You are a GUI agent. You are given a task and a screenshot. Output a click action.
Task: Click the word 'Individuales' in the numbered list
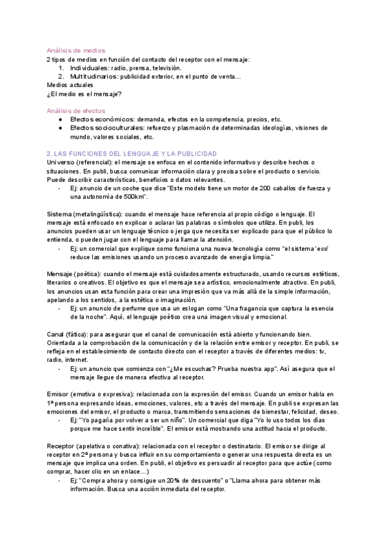point(89,68)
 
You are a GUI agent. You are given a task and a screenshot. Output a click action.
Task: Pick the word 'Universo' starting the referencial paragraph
point(61,163)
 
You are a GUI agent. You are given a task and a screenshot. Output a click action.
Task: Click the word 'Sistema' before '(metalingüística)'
point(59,214)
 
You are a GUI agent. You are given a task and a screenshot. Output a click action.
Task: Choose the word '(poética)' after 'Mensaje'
point(88,273)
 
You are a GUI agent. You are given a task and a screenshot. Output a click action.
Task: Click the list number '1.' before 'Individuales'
point(61,68)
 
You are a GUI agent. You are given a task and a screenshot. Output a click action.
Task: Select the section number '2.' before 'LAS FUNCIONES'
point(50,154)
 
